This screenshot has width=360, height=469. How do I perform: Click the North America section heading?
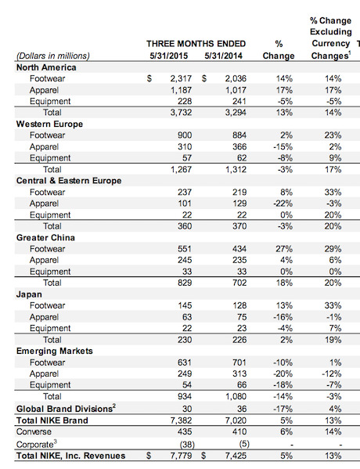46,67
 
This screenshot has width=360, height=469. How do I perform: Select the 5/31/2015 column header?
169,56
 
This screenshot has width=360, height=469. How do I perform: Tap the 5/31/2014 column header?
223,56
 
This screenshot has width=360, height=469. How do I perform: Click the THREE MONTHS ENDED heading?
196,44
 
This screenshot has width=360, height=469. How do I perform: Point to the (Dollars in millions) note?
53,56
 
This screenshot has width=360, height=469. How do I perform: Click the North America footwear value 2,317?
181,78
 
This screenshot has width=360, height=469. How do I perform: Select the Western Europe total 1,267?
181,169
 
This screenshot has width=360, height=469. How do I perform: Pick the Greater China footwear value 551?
185,249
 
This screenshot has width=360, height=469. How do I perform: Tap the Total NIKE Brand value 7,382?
181,420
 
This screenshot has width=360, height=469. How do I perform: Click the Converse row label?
34,431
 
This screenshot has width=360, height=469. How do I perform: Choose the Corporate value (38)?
187,444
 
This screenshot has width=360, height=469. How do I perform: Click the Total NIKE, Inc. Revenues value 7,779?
181,456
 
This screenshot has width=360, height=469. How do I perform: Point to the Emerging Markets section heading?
55,351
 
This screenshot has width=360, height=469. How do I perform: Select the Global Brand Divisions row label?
66,408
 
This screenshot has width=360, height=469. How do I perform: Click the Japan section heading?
29,294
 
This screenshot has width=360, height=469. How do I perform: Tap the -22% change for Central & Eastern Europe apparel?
283,204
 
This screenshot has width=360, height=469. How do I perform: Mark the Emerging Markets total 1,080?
236,396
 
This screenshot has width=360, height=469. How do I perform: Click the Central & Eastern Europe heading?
69,181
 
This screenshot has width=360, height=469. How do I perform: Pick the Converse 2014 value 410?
239,431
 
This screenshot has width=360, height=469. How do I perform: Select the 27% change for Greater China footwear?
284,249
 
